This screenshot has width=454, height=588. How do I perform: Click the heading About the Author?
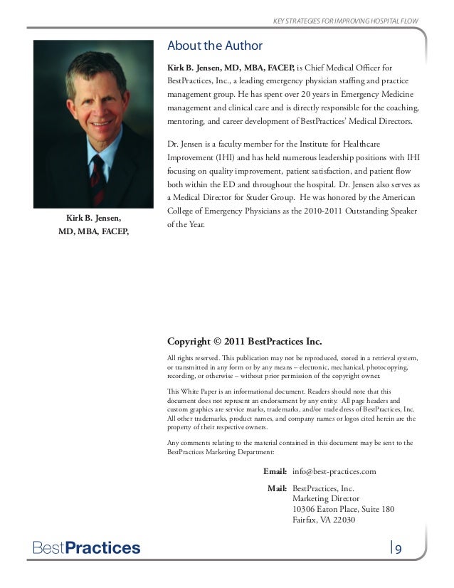pyautogui.click(x=215, y=47)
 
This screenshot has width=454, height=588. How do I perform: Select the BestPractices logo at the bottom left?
pyautogui.click(x=83, y=548)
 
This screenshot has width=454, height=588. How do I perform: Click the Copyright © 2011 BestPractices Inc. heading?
pyautogui.click(x=246, y=342)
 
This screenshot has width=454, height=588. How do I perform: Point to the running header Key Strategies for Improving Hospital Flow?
pyautogui.click(x=346, y=18)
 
